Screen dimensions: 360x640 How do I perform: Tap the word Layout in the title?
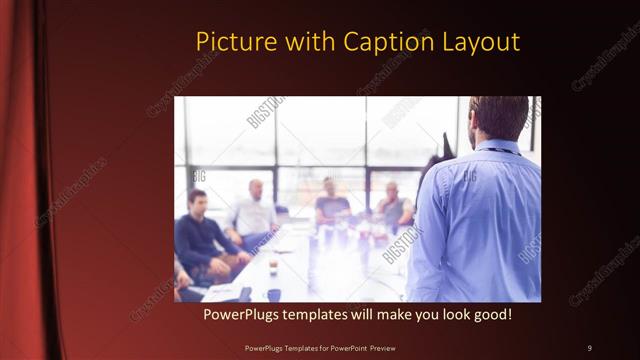coord(481,42)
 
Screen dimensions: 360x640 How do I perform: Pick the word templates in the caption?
coord(325,314)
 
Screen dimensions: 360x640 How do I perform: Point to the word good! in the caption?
coord(489,314)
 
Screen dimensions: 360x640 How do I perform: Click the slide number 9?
coord(590,347)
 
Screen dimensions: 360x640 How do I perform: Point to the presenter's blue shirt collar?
coord(497,147)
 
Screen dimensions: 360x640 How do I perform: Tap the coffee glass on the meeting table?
coord(273,266)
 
